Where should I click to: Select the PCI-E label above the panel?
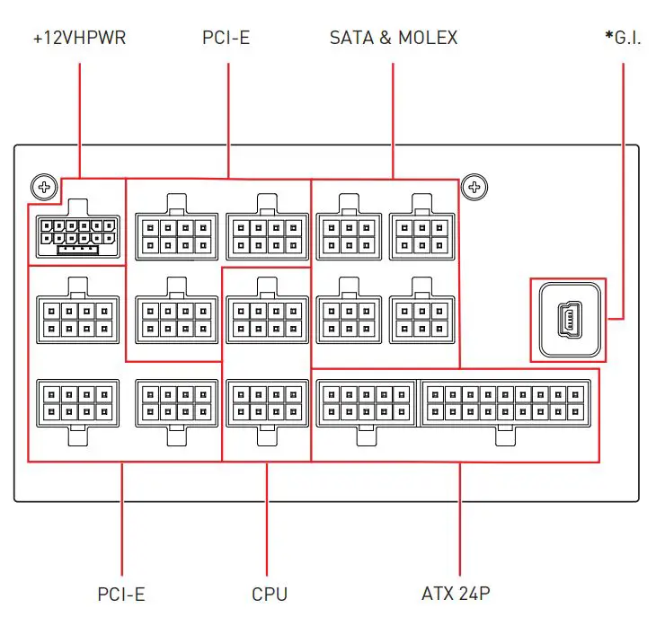pyautogui.click(x=227, y=38)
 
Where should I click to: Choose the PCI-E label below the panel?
pyautogui.click(x=121, y=594)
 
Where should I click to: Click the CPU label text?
pyautogui.click(x=270, y=594)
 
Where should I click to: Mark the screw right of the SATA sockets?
pyautogui.click(x=476, y=187)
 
